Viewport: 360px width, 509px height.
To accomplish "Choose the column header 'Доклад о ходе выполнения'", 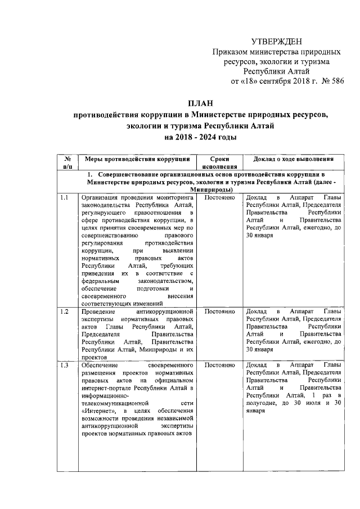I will coord(295,159).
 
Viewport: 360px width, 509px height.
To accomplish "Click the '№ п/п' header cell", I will coord(67,163).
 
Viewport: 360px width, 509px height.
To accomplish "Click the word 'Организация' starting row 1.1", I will coord(101,198).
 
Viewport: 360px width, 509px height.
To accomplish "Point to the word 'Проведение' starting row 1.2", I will coord(98,311).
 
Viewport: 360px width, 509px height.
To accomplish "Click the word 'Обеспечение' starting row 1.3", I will coord(102,366).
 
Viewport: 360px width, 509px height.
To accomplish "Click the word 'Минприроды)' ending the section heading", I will coord(200,190).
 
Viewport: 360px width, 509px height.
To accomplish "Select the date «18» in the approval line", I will coord(250,82).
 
